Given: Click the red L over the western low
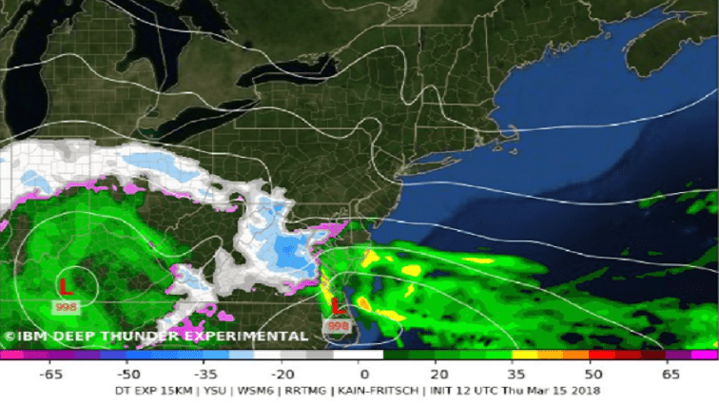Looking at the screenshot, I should [x=66, y=286].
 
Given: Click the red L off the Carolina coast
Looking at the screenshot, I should [x=337, y=307].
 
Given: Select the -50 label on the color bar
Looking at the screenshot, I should [x=130, y=375].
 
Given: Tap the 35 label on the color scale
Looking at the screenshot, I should [x=515, y=375].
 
